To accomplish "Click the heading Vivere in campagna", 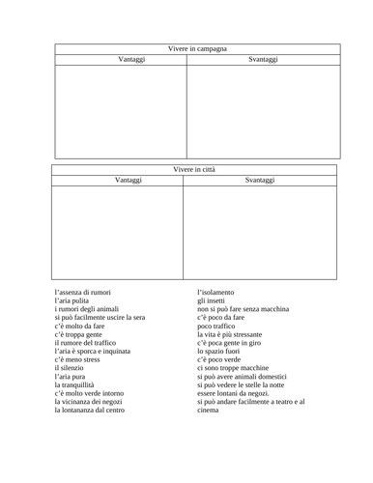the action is click(x=197, y=47).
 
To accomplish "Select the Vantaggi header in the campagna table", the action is click(x=121, y=59).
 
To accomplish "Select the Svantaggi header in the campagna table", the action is click(x=263, y=59).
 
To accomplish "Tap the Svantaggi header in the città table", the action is click(x=260, y=180).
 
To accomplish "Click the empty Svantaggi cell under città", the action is click(x=260, y=232).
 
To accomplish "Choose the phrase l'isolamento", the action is click(x=219, y=291).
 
